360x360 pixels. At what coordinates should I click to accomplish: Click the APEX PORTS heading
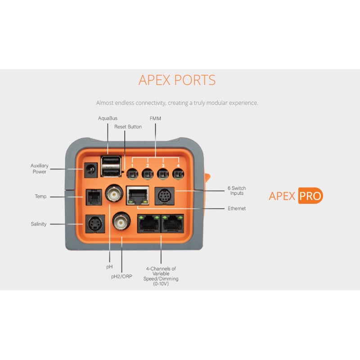177,80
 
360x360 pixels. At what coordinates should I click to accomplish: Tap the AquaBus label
108,118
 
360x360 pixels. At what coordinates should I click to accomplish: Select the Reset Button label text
128,127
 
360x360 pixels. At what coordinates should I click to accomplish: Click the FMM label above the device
155,118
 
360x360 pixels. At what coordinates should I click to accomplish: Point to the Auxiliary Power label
40,169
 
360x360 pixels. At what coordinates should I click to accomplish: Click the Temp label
40,197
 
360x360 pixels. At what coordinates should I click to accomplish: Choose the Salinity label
39,224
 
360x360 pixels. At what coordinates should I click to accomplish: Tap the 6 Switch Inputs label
237,191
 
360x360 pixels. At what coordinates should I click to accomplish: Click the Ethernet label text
237,209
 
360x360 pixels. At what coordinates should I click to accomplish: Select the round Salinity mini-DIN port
94,223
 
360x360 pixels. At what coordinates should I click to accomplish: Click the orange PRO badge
310,196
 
